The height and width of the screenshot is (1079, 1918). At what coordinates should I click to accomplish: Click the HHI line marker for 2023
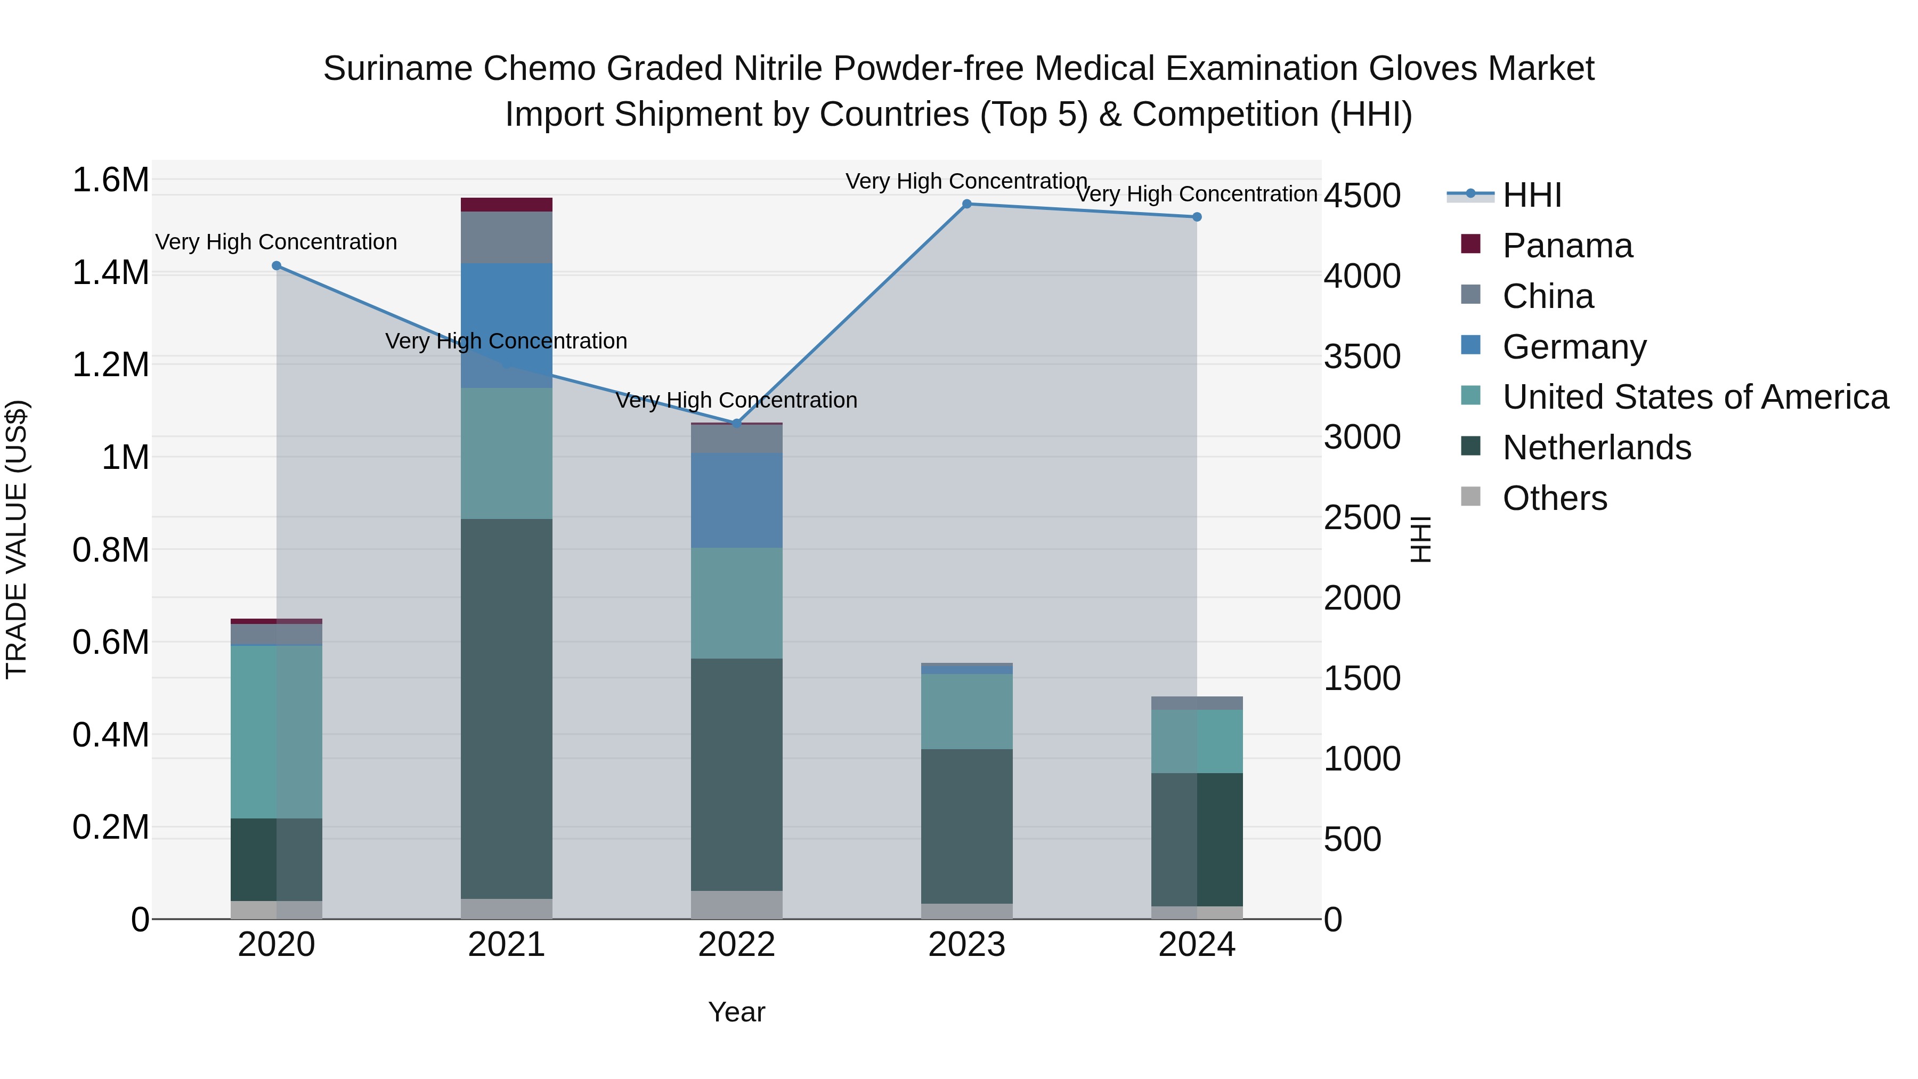[x=966, y=204]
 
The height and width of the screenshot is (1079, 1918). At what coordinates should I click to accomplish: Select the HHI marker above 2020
[x=276, y=266]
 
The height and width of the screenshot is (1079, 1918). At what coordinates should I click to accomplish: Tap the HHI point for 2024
[x=1197, y=217]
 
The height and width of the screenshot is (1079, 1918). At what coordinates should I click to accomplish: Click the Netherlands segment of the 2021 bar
[x=506, y=708]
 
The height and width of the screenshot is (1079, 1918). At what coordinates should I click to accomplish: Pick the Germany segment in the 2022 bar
[x=736, y=500]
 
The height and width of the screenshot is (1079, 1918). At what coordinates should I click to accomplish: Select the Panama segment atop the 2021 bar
[x=506, y=205]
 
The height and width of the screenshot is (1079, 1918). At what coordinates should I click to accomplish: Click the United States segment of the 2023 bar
[x=966, y=711]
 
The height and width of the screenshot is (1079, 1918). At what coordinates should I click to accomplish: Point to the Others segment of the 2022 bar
[x=736, y=905]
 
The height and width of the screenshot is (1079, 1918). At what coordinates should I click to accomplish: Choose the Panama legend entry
[x=1566, y=246]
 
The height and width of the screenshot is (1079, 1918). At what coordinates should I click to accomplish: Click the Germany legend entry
[x=1574, y=347]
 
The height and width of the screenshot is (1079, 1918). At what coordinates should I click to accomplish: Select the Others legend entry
[x=1554, y=498]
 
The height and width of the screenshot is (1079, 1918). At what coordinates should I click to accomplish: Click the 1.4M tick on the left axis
[x=110, y=272]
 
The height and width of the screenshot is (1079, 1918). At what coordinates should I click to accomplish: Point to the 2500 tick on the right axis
[x=1362, y=517]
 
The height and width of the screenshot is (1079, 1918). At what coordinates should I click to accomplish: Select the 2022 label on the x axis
[x=736, y=945]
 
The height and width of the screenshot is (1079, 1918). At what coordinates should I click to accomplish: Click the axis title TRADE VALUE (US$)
[x=17, y=539]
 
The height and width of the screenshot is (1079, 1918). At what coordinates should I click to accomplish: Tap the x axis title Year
[x=736, y=1012]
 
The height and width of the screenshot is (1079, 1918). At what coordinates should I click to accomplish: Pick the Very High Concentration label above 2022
[x=736, y=401]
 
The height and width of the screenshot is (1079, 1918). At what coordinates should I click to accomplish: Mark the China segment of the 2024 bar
[x=1197, y=703]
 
